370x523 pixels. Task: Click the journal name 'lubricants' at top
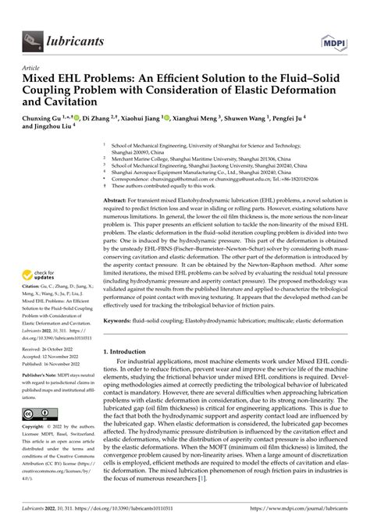[x=76, y=36]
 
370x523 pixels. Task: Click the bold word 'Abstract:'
[x=120, y=201]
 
